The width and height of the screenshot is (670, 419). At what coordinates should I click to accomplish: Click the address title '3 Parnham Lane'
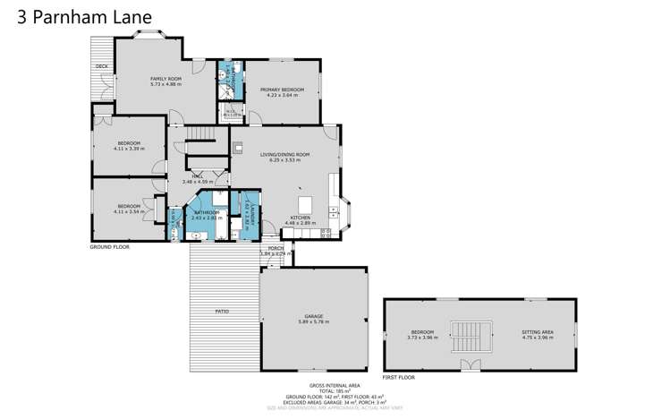click(x=84, y=16)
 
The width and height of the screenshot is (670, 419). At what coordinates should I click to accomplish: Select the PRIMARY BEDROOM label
click(x=282, y=90)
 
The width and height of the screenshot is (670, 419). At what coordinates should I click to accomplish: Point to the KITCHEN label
click(x=298, y=217)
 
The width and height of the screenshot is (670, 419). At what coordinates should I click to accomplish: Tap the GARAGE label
click(x=313, y=316)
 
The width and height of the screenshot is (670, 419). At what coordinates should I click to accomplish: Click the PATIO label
click(x=222, y=311)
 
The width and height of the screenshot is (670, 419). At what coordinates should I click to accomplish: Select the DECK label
click(x=102, y=67)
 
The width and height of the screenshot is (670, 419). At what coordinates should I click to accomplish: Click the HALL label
click(x=198, y=177)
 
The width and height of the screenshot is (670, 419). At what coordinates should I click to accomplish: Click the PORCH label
click(x=276, y=249)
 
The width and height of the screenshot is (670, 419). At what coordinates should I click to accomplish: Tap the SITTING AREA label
click(x=537, y=332)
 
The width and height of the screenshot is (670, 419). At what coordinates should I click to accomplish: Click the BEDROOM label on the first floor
click(x=421, y=332)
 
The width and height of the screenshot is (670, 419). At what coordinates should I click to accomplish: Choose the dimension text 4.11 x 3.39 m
click(x=129, y=149)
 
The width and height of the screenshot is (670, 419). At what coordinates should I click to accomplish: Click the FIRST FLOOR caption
click(x=399, y=378)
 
